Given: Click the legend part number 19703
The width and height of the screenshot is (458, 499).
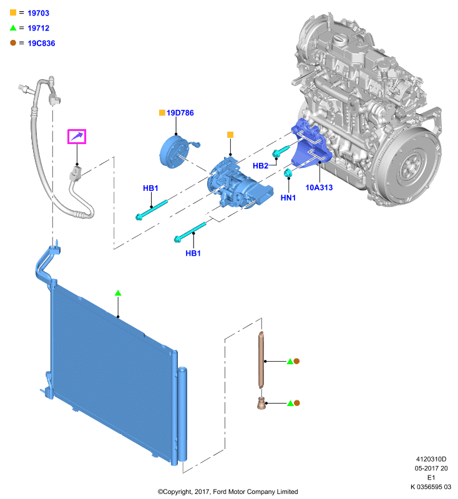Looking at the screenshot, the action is (38, 13).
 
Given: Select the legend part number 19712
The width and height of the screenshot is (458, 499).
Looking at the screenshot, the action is (38, 28).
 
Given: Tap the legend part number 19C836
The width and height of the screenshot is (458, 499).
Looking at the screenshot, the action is (41, 43).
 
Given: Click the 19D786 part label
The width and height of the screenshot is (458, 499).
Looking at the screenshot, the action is (180, 113).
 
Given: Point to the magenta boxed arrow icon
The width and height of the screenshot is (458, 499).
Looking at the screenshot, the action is (77, 137).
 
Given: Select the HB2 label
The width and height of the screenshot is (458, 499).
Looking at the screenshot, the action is (260, 165).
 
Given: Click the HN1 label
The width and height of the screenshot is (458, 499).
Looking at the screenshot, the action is (288, 198).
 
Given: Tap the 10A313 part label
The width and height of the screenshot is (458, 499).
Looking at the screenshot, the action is (319, 188).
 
